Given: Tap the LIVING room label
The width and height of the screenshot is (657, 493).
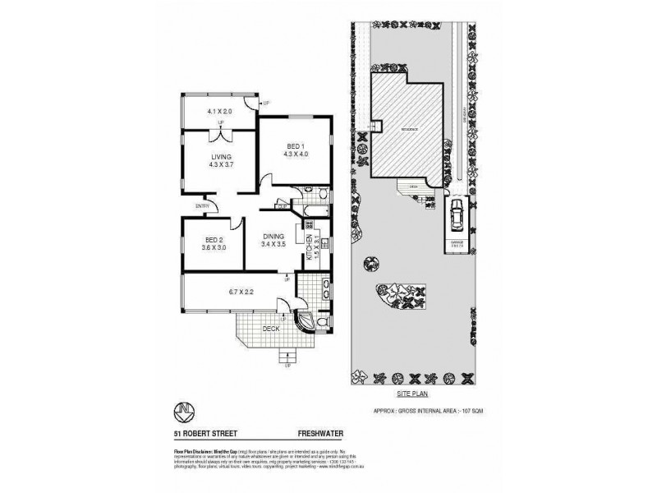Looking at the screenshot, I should point(221,157).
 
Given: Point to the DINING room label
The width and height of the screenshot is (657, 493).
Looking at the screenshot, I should point(273,237).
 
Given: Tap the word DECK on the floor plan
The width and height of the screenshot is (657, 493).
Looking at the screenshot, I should point(270,328).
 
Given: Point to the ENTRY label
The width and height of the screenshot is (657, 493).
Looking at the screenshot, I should point(201,205).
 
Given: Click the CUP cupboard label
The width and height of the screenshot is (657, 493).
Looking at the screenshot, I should point(281,206).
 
